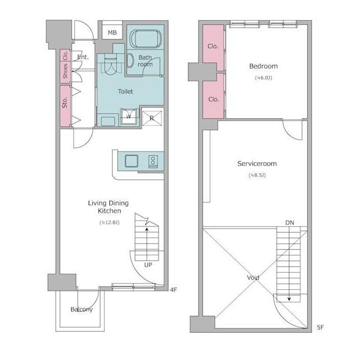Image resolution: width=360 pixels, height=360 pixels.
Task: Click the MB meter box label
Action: [x=112, y=33]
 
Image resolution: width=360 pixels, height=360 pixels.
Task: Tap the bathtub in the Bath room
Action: [x=146, y=38]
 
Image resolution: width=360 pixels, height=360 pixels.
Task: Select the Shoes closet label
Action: [x=65, y=71]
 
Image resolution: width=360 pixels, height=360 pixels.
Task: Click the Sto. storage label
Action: [x=65, y=102]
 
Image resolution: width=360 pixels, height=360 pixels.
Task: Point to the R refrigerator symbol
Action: [x=152, y=118]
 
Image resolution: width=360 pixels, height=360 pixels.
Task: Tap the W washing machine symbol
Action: [x=129, y=116]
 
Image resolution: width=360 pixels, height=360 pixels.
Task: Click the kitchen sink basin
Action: [x=132, y=161]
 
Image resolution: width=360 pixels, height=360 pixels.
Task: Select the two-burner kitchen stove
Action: [x=153, y=161]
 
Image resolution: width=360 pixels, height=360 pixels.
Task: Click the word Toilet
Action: [x=125, y=91]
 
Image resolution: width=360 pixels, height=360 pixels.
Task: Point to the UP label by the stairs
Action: [x=148, y=265]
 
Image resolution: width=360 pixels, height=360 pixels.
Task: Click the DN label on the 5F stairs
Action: [x=290, y=223]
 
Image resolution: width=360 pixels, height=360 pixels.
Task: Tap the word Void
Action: [x=253, y=277]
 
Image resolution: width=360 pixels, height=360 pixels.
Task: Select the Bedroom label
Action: [x=263, y=66]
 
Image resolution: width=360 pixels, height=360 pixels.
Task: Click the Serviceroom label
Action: [x=257, y=164]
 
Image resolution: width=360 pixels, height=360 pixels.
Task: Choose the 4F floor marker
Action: [x=174, y=290]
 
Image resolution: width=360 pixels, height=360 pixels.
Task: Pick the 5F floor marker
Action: [x=321, y=327]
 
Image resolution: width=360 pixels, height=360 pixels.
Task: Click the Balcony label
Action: [x=82, y=309]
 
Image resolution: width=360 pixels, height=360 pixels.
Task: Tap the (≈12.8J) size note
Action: [x=110, y=223]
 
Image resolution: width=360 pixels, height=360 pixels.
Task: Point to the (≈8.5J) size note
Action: [x=257, y=175]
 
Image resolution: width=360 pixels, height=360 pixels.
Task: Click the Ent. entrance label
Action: [x=83, y=57]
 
